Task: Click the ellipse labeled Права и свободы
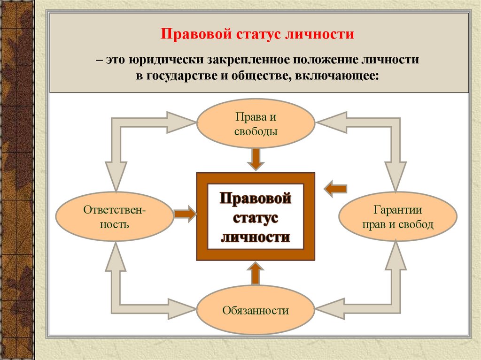pos(256,123)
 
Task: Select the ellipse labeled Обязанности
pos(256,310)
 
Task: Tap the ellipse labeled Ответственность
pos(114,216)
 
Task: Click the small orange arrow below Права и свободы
pos(255,159)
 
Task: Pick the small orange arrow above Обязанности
pos(255,274)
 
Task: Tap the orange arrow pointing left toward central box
pos(335,189)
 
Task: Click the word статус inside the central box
pos(255,218)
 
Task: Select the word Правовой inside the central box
pos(255,199)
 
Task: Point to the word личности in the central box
pos(255,237)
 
